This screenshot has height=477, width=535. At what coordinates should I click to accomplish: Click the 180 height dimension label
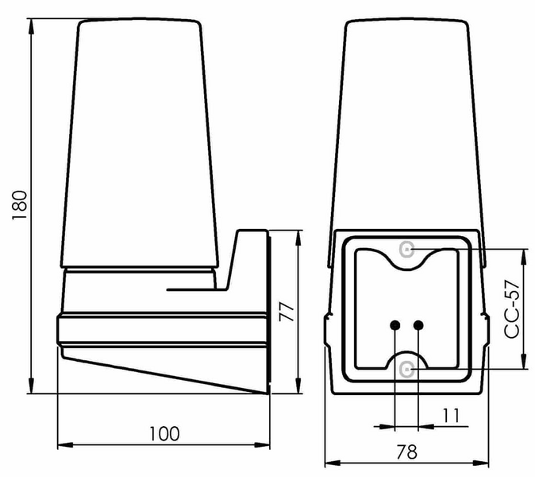tap(20, 205)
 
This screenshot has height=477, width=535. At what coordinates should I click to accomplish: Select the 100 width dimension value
tap(164, 434)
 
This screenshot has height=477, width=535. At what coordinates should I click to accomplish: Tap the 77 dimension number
tap(287, 312)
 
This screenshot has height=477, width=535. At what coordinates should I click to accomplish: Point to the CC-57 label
tap(512, 309)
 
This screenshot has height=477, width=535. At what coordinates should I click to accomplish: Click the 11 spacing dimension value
tap(451, 416)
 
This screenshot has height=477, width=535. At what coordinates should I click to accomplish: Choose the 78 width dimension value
tap(406, 452)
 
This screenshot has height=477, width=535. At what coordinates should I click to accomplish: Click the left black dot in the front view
tap(395, 325)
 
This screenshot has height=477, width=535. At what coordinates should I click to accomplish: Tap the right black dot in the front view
tap(418, 325)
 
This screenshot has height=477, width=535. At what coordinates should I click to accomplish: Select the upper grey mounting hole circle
tap(407, 250)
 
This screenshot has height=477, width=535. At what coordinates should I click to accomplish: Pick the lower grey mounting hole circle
tap(407, 370)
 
